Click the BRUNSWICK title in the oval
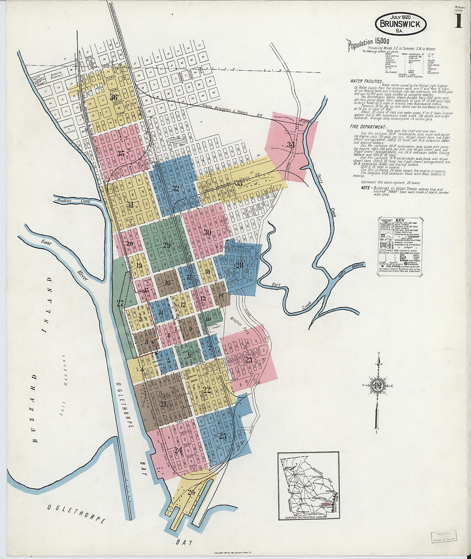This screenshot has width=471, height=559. [400, 24]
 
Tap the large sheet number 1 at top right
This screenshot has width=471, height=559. [458, 21]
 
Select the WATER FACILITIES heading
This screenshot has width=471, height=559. [367, 81]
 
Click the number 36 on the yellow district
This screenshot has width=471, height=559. [113, 97]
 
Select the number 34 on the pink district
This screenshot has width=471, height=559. [291, 144]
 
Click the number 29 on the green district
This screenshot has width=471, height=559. [167, 245]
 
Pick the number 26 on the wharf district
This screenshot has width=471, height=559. [191, 492]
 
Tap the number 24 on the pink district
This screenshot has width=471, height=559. [178, 450]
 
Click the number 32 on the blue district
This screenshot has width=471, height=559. [176, 188]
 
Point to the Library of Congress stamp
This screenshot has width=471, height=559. [443, 537]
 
